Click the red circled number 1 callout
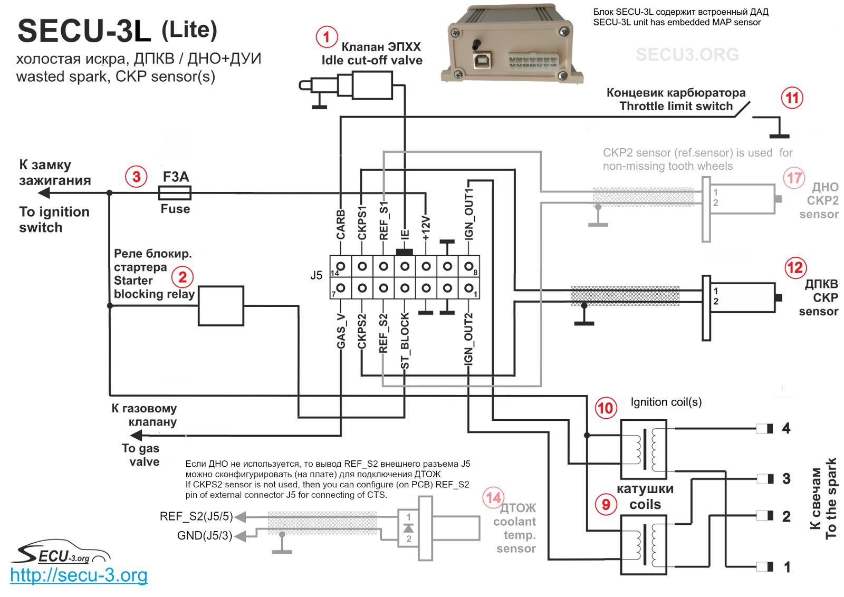pyautogui.click(x=327, y=37)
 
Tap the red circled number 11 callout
pyautogui.click(x=792, y=98)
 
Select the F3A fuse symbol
pyautogui.click(x=175, y=193)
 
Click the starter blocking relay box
pyautogui.click(x=221, y=305)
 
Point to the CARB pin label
pyautogui.click(x=341, y=224)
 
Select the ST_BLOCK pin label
pyautogui.click(x=405, y=341)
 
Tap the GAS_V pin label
pyautogui.click(x=341, y=331)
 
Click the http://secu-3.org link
pyautogui.click(x=79, y=575)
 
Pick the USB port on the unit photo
pyautogui.click(x=483, y=61)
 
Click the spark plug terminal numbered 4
pyautogui.click(x=765, y=428)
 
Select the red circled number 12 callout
pyautogui.click(x=795, y=267)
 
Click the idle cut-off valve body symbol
pyautogui.click(x=372, y=85)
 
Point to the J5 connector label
pyautogui.click(x=316, y=275)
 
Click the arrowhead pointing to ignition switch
pyautogui.click(x=44, y=193)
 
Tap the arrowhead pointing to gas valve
pyautogui.click(x=136, y=436)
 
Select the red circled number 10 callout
pyautogui.click(x=606, y=408)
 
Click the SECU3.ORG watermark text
pyautogui.click(x=687, y=55)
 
